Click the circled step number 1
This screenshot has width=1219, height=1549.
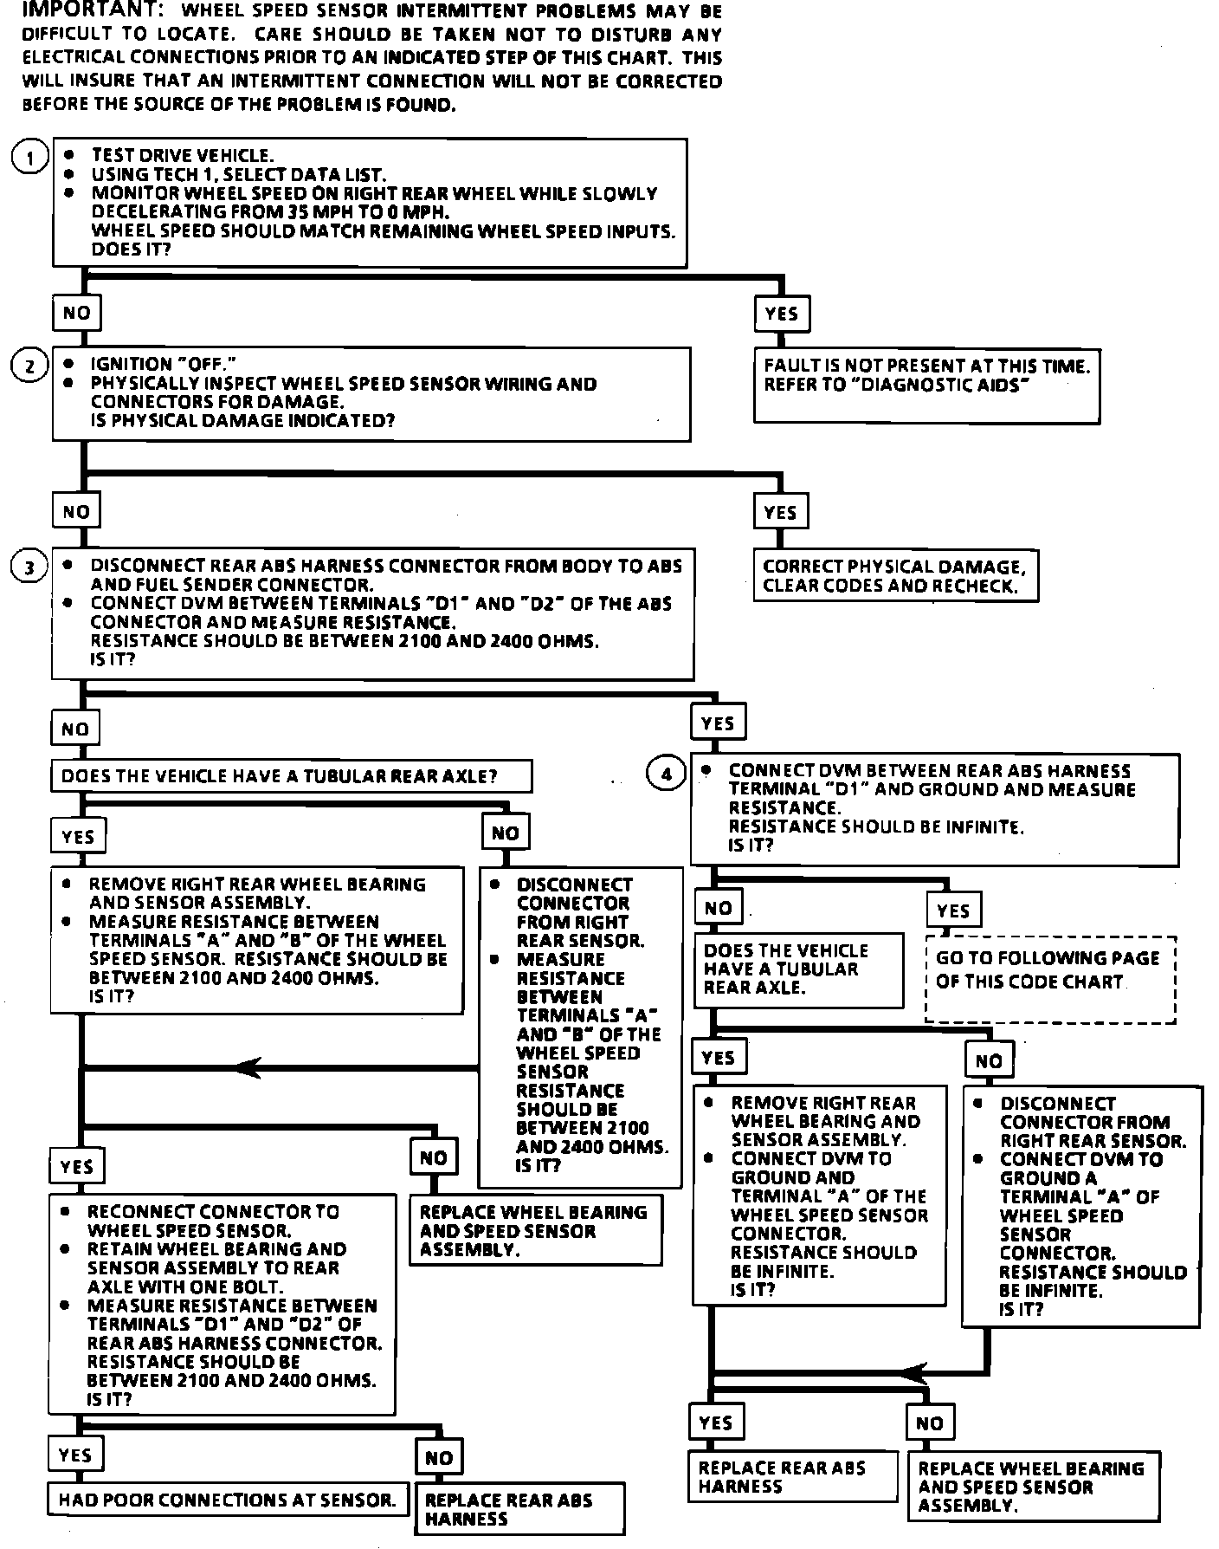(30, 158)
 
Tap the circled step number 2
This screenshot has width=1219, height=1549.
(29, 366)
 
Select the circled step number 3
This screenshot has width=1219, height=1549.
(29, 568)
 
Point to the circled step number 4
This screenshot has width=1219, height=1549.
(665, 773)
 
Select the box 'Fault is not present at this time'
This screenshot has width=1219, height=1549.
(926, 386)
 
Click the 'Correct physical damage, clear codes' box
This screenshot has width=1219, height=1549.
(894, 576)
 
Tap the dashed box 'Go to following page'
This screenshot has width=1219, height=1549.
(1049, 979)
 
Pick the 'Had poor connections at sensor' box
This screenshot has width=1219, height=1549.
(228, 1500)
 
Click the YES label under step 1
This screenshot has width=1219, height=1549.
(781, 314)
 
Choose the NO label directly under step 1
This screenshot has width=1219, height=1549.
(76, 313)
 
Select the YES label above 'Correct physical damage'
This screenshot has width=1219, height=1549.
(780, 512)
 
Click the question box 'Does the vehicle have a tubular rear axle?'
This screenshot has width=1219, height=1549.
(291, 776)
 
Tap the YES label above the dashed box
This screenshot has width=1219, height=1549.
(952, 911)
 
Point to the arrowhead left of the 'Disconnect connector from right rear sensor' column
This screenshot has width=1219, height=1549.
(249, 1067)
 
